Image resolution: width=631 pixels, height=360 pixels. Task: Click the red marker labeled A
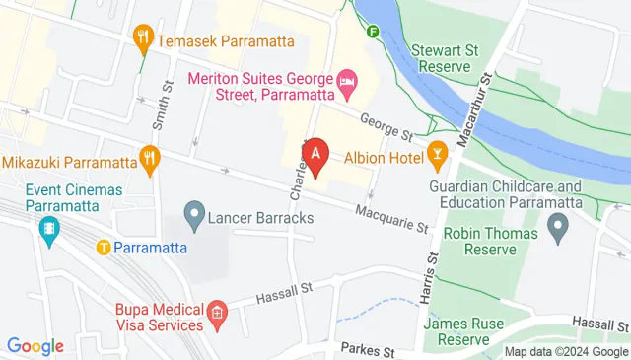(x=315, y=156)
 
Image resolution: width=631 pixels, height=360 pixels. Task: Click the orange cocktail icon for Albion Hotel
(x=437, y=156)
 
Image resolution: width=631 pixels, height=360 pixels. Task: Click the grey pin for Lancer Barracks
(x=193, y=214)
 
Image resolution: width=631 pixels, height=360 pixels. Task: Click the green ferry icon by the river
(x=374, y=31)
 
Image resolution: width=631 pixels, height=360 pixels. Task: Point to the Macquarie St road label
(x=392, y=217)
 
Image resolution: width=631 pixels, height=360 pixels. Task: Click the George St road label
(x=386, y=124)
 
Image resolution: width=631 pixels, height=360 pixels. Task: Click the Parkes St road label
(x=367, y=350)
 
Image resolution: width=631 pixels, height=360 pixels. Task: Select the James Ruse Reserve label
(x=463, y=331)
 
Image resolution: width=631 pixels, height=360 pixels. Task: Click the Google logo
(x=35, y=346)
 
